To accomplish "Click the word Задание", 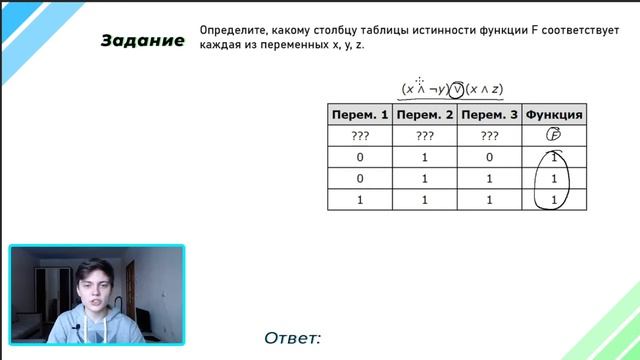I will (x=142, y=41).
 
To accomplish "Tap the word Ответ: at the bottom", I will (x=293, y=338).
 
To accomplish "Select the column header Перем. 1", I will (x=360, y=115).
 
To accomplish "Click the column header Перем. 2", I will (x=425, y=115).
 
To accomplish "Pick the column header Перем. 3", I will (x=490, y=115).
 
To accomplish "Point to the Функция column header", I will (x=554, y=115).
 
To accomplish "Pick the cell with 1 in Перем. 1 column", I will (x=360, y=200).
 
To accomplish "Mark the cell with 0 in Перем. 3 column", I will (x=490, y=158).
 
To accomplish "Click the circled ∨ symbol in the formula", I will (x=458, y=88).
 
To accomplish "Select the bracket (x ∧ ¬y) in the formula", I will (x=424, y=88).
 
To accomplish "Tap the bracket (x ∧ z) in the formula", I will (x=490, y=88).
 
